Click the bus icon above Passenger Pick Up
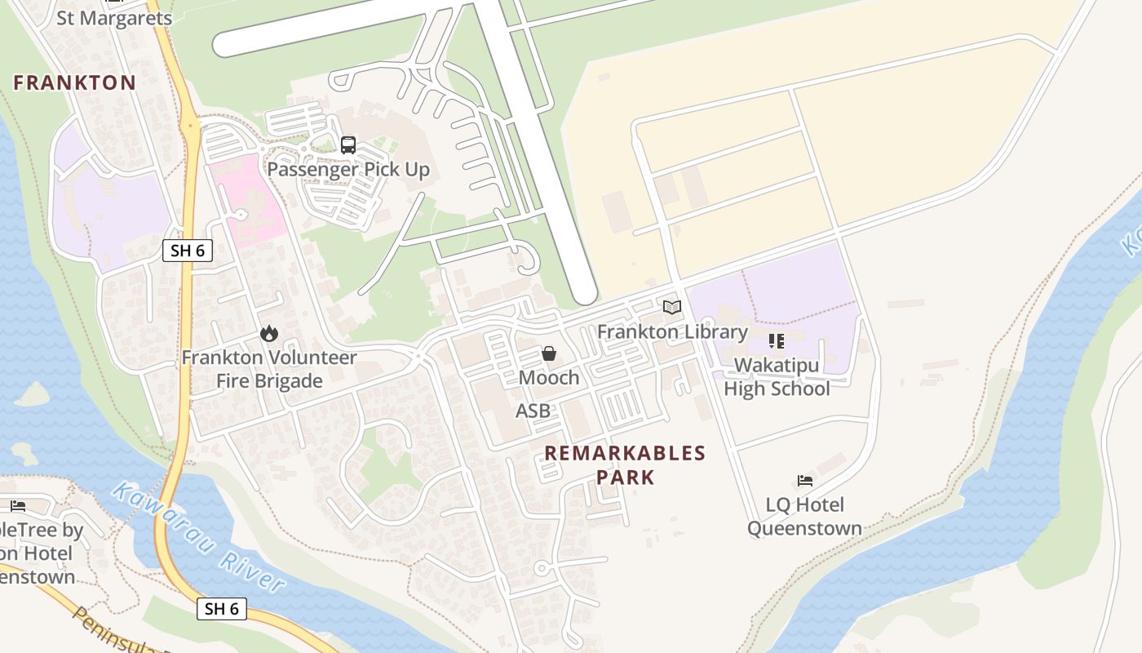pyautogui.click(x=348, y=145)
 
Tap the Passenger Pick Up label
pyautogui.click(x=348, y=170)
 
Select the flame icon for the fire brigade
pyautogui.click(x=268, y=333)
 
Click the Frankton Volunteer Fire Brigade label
pyautogui.click(x=268, y=369)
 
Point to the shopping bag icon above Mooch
pyautogui.click(x=549, y=353)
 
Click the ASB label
pyautogui.click(x=533, y=411)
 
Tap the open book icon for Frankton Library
pyautogui.click(x=672, y=308)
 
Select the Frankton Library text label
pyautogui.click(x=672, y=331)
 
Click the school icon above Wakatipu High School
pyautogui.click(x=776, y=341)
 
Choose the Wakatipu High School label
pyautogui.click(x=776, y=377)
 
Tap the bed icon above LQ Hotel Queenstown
pyautogui.click(x=805, y=481)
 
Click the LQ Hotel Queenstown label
pyautogui.click(x=804, y=517)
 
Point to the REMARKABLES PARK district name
pyautogui.click(x=625, y=464)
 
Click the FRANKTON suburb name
pyautogui.click(x=74, y=82)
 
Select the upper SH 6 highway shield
pyautogui.click(x=188, y=251)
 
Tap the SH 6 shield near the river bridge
pyautogui.click(x=222, y=608)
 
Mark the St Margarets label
pyautogui.click(x=114, y=18)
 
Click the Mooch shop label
pyautogui.click(x=549, y=378)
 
